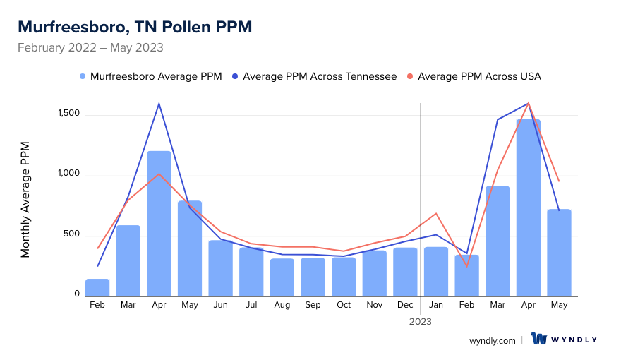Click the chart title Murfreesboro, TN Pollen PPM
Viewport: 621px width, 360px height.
click(x=135, y=27)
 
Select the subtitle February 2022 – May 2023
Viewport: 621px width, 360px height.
click(x=90, y=48)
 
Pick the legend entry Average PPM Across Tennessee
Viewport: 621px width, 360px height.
click(x=319, y=76)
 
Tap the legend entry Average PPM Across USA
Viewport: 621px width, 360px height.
click(x=479, y=76)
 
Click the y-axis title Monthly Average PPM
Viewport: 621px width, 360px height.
click(x=25, y=199)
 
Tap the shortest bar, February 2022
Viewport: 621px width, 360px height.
click(x=97, y=287)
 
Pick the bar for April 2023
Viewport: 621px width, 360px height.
click(x=528, y=208)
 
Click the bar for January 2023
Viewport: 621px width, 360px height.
click(x=436, y=271)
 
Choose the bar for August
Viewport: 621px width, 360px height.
click(x=282, y=277)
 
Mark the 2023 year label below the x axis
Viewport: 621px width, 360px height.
click(x=421, y=321)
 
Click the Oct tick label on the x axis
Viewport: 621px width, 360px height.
click(x=344, y=305)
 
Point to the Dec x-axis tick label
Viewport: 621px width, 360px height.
click(x=405, y=305)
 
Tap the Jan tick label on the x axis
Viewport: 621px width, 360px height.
click(x=436, y=305)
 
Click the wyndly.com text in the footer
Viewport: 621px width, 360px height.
click(x=493, y=340)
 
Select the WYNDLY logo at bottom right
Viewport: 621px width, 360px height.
click(x=564, y=340)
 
